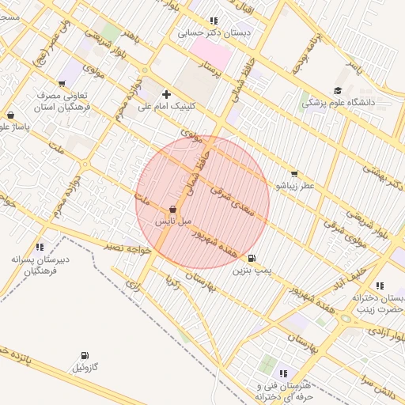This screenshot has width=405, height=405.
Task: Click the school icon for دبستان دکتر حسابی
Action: [x=214, y=21]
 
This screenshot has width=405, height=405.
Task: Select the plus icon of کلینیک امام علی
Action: [x=166, y=94]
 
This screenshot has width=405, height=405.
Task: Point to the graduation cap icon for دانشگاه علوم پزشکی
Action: [x=338, y=91]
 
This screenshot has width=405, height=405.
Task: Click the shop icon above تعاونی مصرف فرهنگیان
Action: [x=62, y=83]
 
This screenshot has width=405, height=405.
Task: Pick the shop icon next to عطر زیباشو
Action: [x=294, y=173]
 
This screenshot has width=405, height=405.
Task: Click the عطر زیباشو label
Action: [x=295, y=185]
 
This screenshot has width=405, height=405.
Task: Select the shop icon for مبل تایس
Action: [x=172, y=210]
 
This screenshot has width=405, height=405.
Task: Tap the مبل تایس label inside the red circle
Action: [x=172, y=222]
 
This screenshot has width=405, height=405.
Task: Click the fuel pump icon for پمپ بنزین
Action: [x=252, y=258]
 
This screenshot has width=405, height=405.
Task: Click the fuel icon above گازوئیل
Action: [x=85, y=356]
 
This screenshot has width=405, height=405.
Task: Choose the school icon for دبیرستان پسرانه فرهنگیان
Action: [x=40, y=247]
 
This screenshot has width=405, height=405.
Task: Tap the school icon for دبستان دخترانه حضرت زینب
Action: [x=380, y=286]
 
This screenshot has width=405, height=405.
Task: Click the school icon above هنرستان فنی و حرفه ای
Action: [x=284, y=373]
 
